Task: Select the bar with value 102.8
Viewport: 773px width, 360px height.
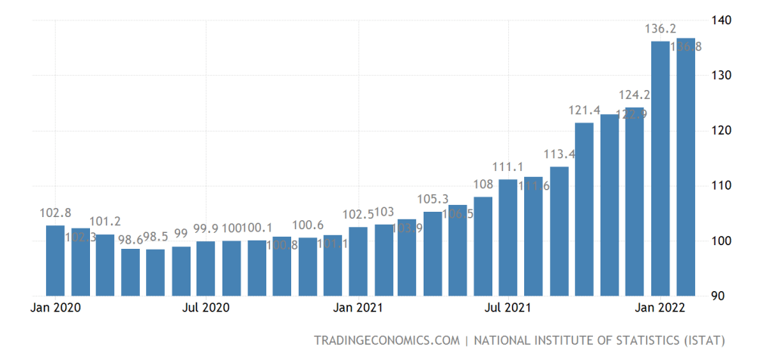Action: (x=55, y=260)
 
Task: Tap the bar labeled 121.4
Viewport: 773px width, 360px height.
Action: (x=584, y=209)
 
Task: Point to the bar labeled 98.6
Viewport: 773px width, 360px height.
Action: (x=130, y=272)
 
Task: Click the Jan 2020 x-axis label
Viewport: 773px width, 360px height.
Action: (x=56, y=308)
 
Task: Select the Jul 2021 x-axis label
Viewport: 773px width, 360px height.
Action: (x=508, y=308)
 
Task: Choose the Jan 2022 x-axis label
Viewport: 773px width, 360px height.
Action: (x=660, y=308)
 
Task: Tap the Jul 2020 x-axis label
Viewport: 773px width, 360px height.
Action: (x=206, y=308)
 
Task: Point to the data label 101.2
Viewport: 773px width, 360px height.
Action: (x=105, y=222)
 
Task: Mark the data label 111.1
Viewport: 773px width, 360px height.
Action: (x=508, y=166)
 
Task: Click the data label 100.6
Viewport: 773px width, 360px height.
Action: (x=307, y=225)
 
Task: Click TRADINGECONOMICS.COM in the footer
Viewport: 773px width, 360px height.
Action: (x=386, y=340)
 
